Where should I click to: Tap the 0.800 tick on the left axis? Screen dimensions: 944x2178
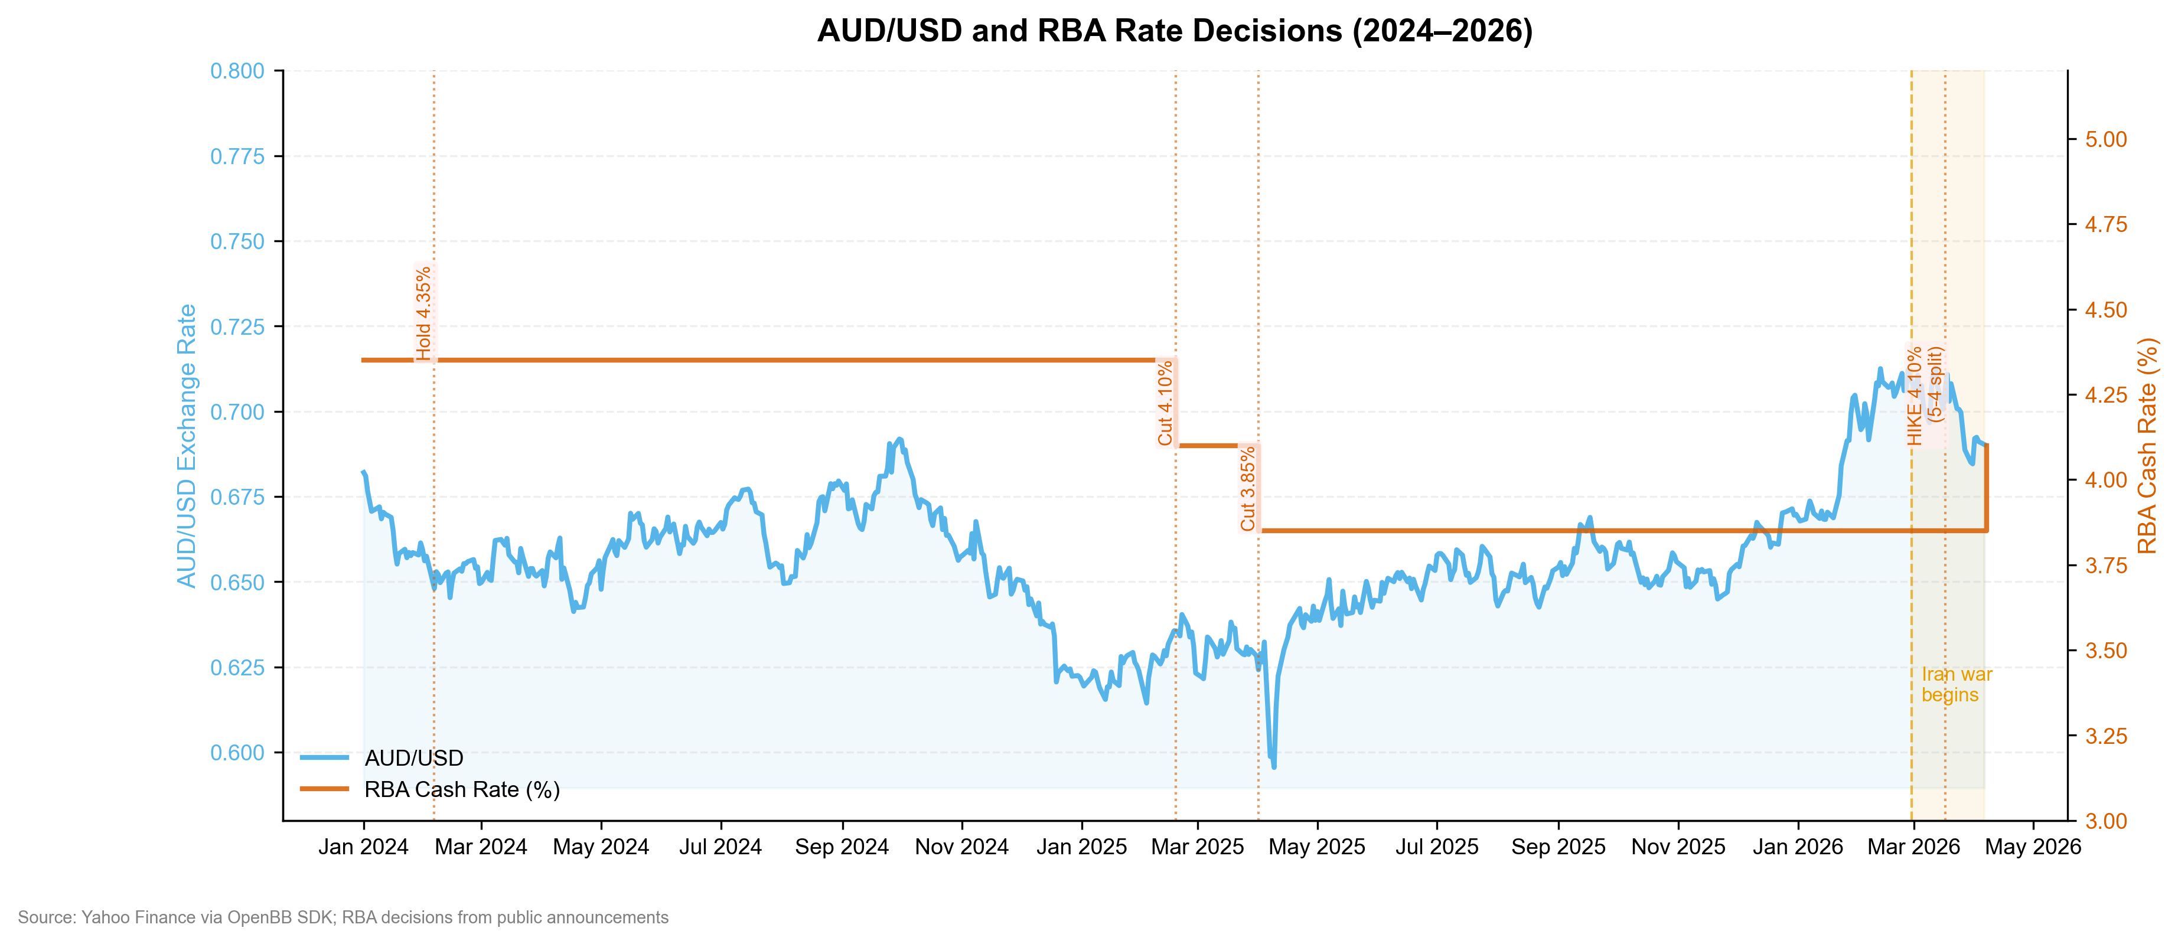coord(237,71)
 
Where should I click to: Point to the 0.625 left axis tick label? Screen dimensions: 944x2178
coord(237,668)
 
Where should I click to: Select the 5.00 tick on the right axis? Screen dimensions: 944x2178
coord(2106,139)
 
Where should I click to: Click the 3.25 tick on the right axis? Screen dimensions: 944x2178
coord(2106,736)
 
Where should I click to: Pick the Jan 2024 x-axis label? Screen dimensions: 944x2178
coord(364,847)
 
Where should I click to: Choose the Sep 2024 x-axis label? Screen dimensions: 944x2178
coord(842,847)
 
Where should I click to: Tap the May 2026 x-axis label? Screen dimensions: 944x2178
coord(2033,847)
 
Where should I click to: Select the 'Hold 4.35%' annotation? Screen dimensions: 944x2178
coord(423,313)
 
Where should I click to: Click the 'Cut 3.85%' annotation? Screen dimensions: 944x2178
coord(1248,488)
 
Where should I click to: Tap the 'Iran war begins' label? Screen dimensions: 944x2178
coord(1957,685)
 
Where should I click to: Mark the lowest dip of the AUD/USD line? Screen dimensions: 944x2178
coord(1273,766)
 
